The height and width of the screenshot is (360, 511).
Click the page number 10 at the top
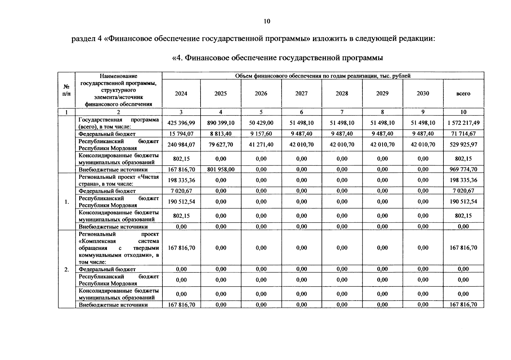(267, 21)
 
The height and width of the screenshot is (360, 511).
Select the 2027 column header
(301, 94)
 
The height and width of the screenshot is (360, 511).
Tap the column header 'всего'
(463, 94)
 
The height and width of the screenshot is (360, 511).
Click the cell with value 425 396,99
(181, 123)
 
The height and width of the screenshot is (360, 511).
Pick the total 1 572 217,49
(463, 123)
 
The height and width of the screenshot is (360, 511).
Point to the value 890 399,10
(221, 123)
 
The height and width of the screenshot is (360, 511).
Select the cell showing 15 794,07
(181, 134)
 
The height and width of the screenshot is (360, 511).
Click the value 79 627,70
(221, 145)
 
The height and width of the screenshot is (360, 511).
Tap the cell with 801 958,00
(221, 169)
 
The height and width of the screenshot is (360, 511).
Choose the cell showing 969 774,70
(463, 169)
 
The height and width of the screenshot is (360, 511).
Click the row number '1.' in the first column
(67, 202)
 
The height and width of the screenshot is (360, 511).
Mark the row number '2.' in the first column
(67, 269)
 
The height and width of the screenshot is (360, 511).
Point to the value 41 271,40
(261, 145)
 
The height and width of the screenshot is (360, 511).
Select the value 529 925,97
(463, 145)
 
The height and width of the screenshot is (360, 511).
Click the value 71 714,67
(463, 134)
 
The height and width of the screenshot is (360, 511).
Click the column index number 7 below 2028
(342, 112)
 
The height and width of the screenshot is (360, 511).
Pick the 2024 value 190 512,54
(181, 202)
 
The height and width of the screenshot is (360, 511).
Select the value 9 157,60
(261, 134)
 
